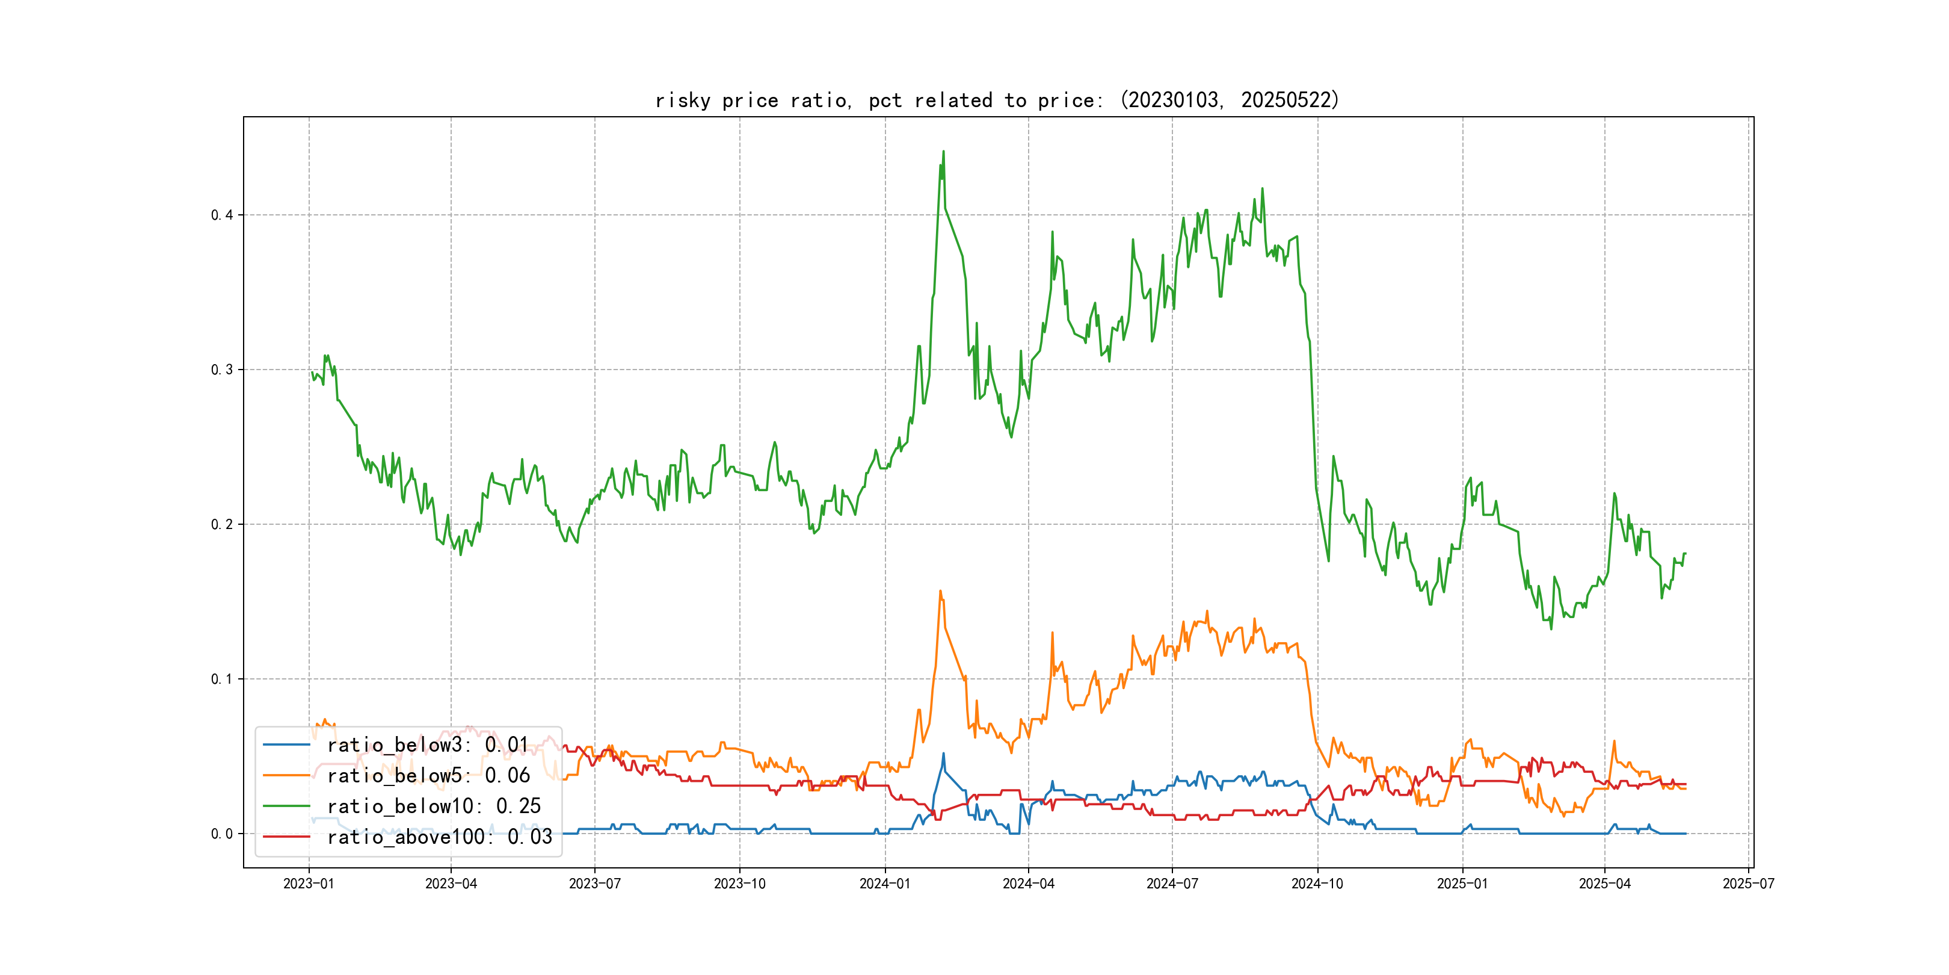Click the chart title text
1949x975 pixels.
point(997,100)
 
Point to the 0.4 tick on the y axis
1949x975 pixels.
point(222,215)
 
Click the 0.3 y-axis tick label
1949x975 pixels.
point(222,370)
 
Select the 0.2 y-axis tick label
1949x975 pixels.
point(222,525)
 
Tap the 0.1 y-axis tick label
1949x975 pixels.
point(222,679)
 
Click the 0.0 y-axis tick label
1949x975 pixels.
point(222,834)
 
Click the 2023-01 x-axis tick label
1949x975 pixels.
point(309,884)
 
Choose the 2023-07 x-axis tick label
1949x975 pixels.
point(595,884)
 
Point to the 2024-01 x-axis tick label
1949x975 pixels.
point(885,884)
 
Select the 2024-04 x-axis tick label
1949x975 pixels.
point(1028,884)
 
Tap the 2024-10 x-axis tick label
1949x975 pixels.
point(1317,884)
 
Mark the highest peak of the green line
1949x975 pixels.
point(943,152)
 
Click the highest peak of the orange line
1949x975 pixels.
point(940,591)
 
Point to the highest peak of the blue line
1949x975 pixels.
point(943,753)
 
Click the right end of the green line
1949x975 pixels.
point(1686,553)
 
